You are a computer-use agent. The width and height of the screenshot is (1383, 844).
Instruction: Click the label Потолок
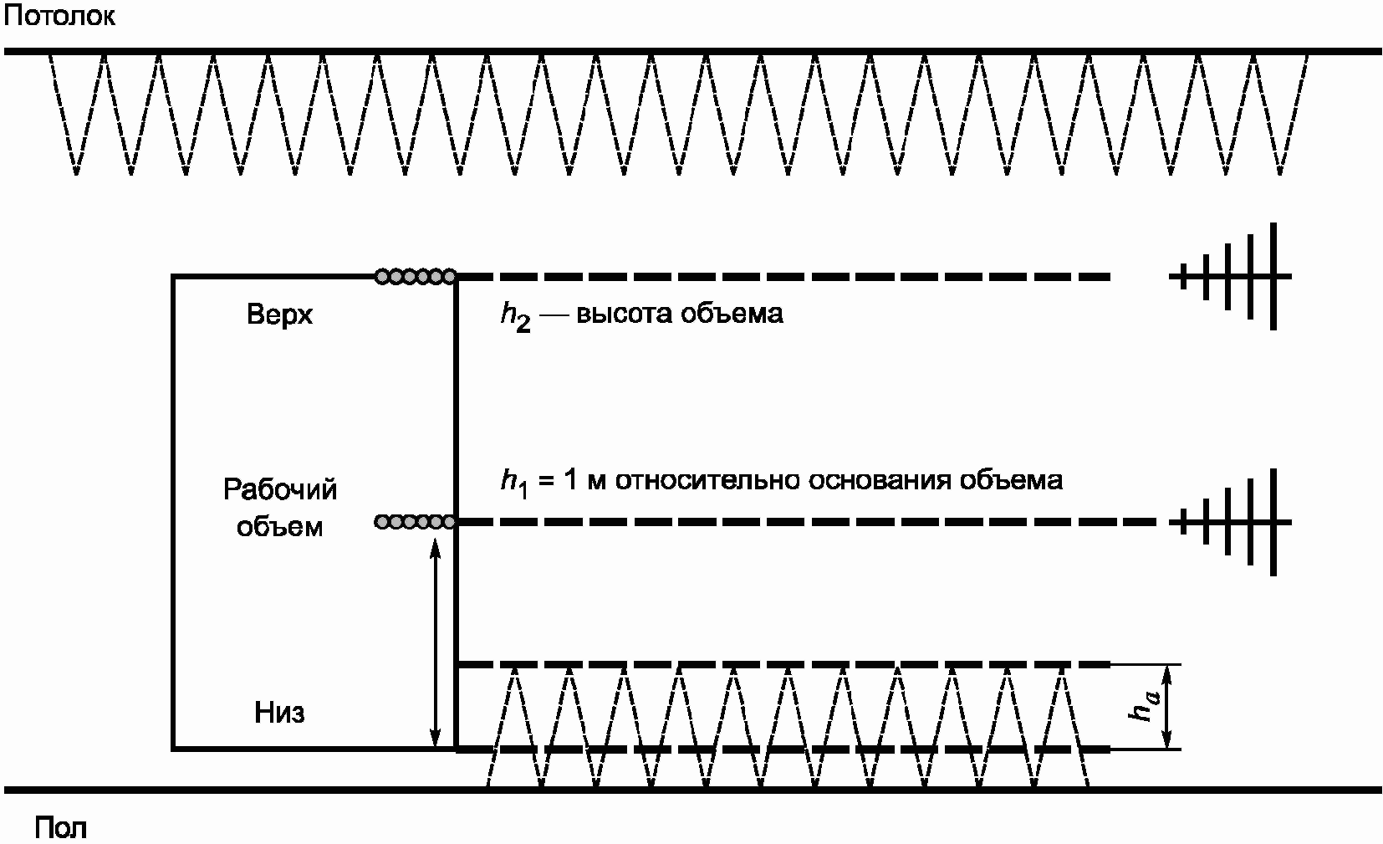point(59,16)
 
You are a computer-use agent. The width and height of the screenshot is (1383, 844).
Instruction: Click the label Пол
point(60,826)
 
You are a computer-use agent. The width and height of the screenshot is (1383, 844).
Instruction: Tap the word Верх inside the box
point(279,315)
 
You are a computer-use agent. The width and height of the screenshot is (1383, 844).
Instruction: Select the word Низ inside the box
point(279,713)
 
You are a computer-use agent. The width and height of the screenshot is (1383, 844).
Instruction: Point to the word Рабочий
point(279,489)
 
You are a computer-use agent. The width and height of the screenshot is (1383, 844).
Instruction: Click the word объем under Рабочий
point(279,527)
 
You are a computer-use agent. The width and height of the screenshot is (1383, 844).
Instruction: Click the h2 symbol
point(516,317)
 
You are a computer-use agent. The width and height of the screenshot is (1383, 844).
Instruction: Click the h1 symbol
point(514,483)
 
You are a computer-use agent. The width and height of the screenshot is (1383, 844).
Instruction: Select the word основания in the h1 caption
point(879,481)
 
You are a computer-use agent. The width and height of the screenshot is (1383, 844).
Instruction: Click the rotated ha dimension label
point(1144,706)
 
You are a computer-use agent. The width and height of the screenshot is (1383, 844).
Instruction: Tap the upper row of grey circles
point(416,276)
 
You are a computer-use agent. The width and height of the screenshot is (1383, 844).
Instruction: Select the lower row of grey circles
point(416,522)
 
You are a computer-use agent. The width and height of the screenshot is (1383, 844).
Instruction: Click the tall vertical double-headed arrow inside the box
point(436,643)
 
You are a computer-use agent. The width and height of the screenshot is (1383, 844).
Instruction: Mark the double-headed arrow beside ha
point(1166,707)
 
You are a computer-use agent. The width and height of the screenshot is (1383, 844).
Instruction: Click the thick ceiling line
point(692,52)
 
